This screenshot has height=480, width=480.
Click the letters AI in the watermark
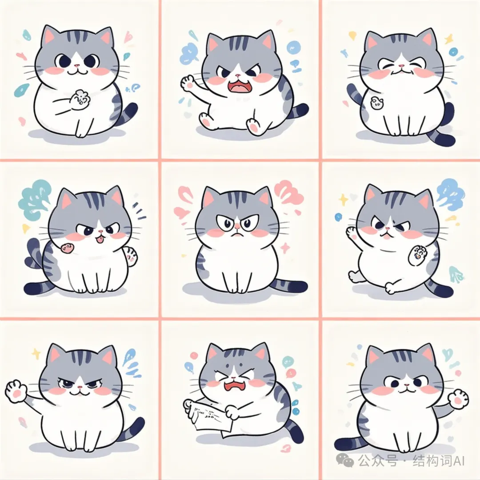(x=459, y=460)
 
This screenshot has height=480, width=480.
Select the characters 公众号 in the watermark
(x=379, y=460)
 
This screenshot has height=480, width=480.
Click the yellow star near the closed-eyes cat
(x=449, y=39)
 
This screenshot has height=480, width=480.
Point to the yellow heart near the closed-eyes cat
(x=352, y=36)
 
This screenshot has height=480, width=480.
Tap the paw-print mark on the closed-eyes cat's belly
(x=376, y=103)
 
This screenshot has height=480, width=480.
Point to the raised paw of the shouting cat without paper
(x=188, y=83)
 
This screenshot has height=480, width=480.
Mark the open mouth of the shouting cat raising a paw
(x=238, y=86)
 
